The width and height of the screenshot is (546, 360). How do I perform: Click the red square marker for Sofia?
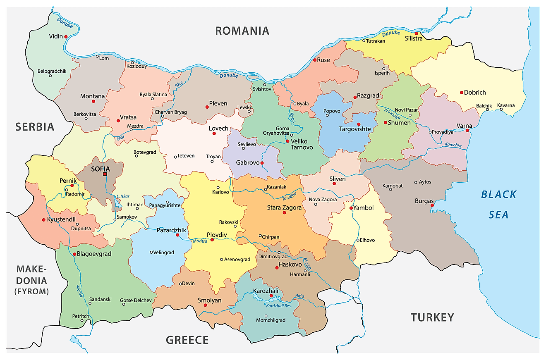[105, 174]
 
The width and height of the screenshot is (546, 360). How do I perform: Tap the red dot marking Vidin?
[66, 37]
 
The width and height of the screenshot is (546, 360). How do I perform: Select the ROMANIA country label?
[242, 31]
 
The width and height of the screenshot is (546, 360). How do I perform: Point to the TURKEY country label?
[432, 317]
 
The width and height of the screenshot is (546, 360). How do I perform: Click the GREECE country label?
[187, 340]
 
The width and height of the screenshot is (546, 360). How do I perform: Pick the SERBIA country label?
[35, 127]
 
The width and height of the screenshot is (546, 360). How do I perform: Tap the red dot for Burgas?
[432, 205]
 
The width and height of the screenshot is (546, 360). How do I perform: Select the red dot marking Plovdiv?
[212, 240]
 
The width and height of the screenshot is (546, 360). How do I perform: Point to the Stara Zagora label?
[284, 207]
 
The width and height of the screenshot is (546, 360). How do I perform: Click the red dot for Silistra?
[417, 33]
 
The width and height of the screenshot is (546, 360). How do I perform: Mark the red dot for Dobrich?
[461, 93]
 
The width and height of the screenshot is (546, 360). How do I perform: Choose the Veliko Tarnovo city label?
[302, 144]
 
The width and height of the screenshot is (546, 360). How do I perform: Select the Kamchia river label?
[453, 145]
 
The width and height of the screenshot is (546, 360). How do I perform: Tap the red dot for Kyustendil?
[44, 220]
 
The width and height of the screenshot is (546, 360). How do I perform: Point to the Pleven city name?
[218, 103]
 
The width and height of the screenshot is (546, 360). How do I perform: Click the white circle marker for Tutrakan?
[364, 41]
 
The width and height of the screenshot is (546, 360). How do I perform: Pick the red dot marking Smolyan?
[205, 305]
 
